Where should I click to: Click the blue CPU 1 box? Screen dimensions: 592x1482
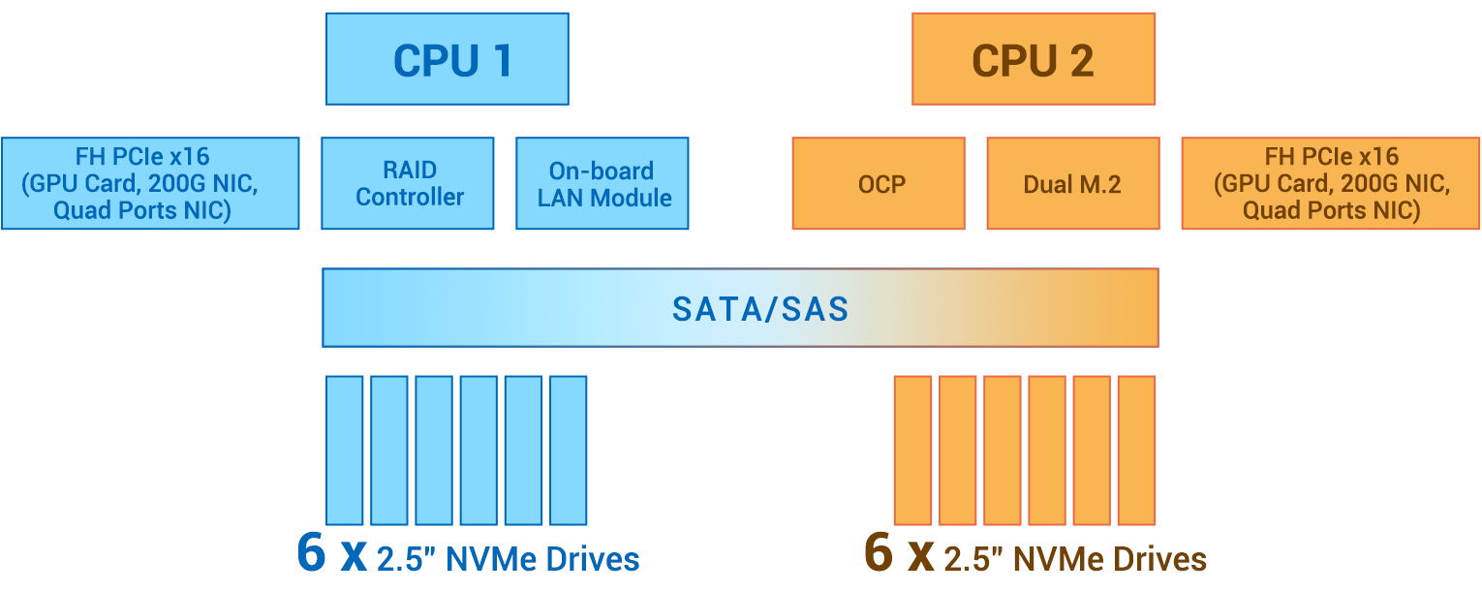[x=447, y=59]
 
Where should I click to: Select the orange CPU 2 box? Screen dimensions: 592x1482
[x=1033, y=59]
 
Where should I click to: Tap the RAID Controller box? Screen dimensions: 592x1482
[x=407, y=183]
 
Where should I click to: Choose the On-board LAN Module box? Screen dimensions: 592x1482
[x=602, y=183]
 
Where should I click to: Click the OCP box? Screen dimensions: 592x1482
[x=879, y=183]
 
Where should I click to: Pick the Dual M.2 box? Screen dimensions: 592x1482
[x=1072, y=183]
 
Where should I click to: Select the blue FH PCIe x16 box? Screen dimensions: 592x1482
[x=150, y=183]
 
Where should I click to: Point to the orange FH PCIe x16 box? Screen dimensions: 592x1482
[x=1330, y=183]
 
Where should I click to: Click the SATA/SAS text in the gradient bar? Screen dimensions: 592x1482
[x=760, y=309]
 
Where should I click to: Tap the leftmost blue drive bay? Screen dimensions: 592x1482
[x=344, y=451]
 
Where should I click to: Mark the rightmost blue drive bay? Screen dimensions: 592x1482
[x=568, y=451]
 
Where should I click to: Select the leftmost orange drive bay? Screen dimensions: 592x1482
[x=911, y=451]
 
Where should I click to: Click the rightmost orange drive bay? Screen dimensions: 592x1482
[x=1136, y=451]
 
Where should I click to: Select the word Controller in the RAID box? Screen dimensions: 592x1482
[x=410, y=197]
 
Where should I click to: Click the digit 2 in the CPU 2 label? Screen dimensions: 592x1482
[x=1078, y=61]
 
